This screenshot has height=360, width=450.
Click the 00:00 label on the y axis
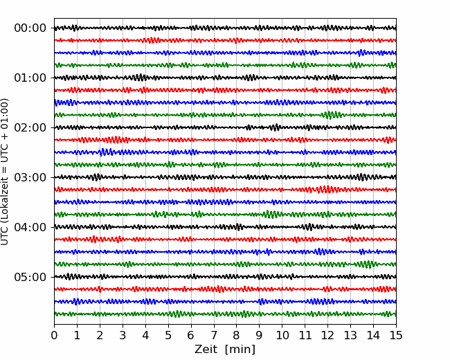(x=30, y=28)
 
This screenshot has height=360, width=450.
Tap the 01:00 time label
(x=30, y=78)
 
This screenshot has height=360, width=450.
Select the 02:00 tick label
(x=30, y=128)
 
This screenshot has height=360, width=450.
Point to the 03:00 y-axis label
(x=30, y=178)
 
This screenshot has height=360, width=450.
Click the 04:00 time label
(x=30, y=228)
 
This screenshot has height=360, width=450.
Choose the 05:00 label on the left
(x=30, y=278)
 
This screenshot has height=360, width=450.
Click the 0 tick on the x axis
(x=54, y=336)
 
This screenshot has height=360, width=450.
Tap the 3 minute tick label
(x=123, y=336)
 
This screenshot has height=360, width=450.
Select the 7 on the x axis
(x=213, y=336)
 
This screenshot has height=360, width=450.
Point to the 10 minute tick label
(x=282, y=336)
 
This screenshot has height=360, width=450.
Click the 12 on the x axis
(x=327, y=336)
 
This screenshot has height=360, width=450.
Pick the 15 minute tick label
(x=395, y=336)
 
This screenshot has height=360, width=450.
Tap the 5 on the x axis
(x=168, y=336)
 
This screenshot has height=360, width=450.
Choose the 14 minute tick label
(x=372, y=336)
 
